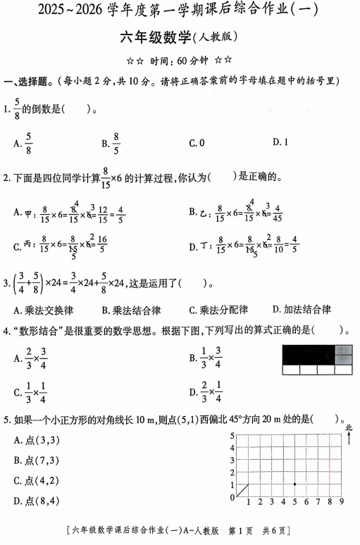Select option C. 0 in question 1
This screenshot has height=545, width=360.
[x=196, y=143]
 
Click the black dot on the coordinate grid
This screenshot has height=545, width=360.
[x=294, y=484]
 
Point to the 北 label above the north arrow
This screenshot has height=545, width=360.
[x=349, y=427]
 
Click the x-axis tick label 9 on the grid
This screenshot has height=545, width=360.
[x=341, y=503]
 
